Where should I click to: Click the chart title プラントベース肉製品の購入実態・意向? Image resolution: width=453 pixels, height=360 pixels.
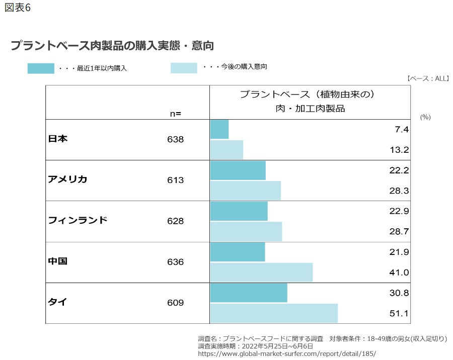(112, 45)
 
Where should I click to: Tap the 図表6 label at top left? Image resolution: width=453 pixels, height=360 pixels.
(18, 9)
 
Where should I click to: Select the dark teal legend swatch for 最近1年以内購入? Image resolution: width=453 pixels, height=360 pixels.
(41, 68)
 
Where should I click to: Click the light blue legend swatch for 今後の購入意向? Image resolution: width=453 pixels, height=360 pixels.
(184, 68)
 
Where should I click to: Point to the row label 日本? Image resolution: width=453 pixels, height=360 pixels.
(57, 139)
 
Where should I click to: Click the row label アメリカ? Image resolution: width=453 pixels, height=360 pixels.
(67, 179)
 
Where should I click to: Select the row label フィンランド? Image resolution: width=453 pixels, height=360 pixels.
(78, 220)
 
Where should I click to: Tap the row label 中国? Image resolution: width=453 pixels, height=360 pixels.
(57, 261)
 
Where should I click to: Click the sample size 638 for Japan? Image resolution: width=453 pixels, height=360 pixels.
(176, 139)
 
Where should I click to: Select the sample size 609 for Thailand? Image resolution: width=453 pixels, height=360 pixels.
(176, 303)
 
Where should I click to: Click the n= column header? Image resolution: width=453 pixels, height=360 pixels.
(175, 114)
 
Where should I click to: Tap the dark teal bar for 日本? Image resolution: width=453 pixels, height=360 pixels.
(219, 129)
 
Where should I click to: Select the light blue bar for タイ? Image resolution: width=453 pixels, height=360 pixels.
(273, 313)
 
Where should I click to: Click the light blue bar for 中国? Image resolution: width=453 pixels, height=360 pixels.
(261, 272)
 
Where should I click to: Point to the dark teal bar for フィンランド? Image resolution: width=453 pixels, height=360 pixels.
(239, 211)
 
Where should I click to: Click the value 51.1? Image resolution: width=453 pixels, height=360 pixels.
(399, 314)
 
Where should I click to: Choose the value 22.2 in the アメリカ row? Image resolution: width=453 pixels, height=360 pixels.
(399, 170)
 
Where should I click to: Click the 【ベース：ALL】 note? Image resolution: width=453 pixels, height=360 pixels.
(427, 78)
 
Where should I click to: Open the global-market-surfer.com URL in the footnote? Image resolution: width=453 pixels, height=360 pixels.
(286, 353)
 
